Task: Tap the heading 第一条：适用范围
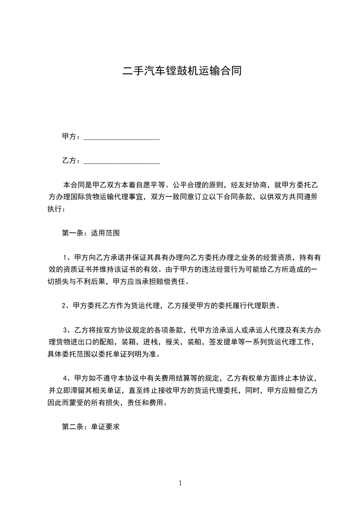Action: pyautogui.click(x=90, y=233)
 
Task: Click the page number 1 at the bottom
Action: pyautogui.click(x=180, y=483)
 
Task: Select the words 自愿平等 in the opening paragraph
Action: pyautogui.click(x=148, y=185)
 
